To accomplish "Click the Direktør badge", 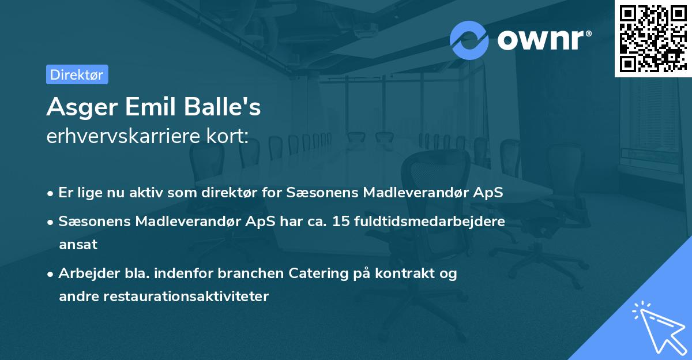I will [77, 74].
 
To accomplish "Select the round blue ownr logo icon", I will [469, 40].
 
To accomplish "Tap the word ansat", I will [78, 244].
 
